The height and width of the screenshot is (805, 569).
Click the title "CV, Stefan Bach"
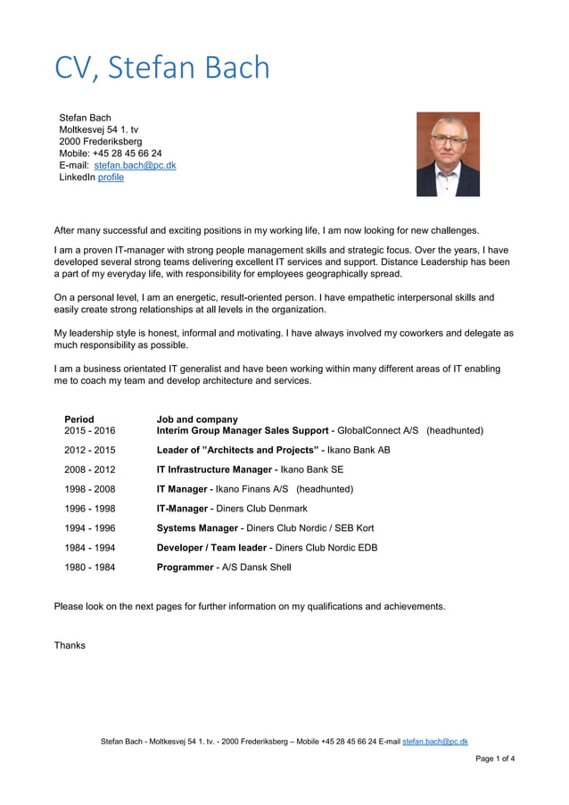click(x=161, y=68)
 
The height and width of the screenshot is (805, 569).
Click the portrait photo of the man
click(x=448, y=154)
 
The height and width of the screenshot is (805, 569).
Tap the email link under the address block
click(x=135, y=165)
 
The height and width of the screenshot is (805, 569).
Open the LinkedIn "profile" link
click(x=111, y=178)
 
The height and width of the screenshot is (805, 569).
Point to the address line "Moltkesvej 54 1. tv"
click(x=98, y=129)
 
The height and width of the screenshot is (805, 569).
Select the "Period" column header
click(x=78, y=419)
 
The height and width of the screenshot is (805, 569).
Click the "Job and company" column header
click(x=197, y=419)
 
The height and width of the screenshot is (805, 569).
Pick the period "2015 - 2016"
click(x=89, y=431)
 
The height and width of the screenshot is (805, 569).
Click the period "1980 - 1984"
click(x=89, y=567)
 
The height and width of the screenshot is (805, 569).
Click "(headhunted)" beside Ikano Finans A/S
click(x=325, y=489)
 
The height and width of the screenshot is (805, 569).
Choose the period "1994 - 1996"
click(x=89, y=528)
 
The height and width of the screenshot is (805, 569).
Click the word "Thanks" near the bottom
click(x=70, y=645)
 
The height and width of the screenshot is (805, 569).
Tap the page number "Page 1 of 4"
click(x=495, y=759)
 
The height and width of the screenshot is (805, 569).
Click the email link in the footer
click(x=435, y=742)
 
